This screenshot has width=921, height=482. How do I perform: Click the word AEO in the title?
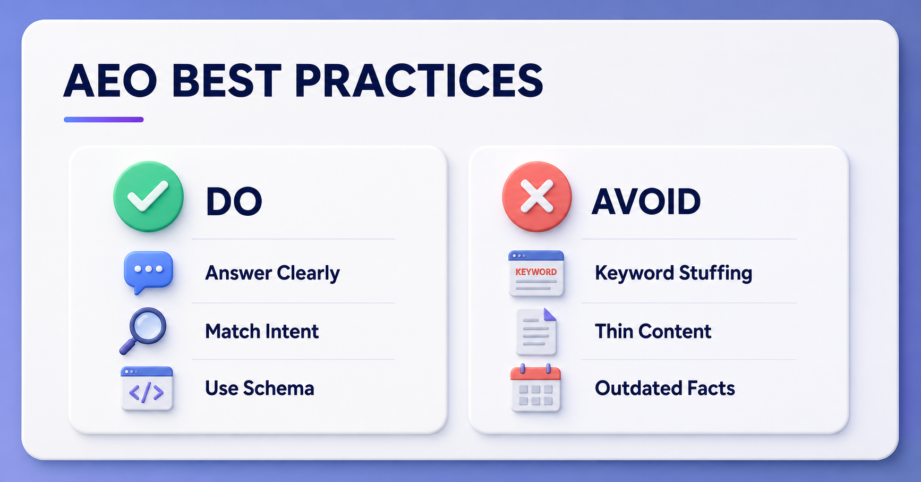coord(110,81)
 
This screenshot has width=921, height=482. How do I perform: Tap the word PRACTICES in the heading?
coord(419,81)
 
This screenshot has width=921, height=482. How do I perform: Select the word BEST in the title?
coord(226,81)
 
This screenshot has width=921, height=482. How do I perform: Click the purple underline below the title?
coord(104,120)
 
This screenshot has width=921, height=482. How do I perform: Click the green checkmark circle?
coord(148,197)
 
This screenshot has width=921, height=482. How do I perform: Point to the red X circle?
coord(537,197)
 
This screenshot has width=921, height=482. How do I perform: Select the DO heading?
coord(234,202)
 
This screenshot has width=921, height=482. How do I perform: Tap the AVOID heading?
coord(646,202)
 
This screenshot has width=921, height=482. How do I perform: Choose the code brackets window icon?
coord(147,388)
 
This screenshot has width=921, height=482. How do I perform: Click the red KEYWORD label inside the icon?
coord(536,272)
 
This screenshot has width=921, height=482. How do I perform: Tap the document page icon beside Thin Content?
coord(536,332)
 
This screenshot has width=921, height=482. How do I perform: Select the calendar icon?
coord(535,388)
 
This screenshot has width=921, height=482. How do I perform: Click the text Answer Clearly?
coord(272,273)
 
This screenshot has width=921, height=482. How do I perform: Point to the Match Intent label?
coord(262,332)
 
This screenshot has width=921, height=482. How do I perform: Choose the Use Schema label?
coord(260,388)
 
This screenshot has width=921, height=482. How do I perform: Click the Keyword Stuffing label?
coord(673,273)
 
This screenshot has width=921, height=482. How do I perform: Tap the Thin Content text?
coord(653,332)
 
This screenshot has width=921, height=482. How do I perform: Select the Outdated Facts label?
coord(665,388)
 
